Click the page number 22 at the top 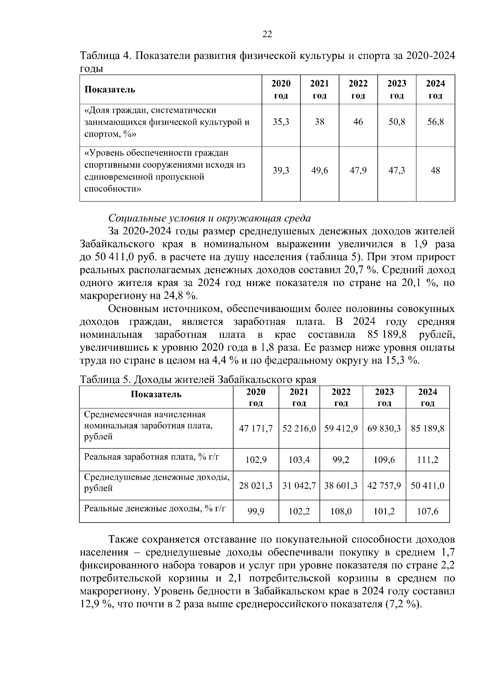267,35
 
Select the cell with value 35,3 281,122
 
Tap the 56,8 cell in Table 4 435,122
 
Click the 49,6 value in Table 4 319,171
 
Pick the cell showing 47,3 397,171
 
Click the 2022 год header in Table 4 358,90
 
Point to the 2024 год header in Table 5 427,397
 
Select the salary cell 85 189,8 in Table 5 427,429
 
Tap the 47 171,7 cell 256,429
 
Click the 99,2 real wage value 341,460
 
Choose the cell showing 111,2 427,460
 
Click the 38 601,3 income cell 341,486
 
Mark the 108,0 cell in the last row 341,511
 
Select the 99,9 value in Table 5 256,511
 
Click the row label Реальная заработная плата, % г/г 152,457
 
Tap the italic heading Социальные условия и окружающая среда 210,218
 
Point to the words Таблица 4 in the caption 106,55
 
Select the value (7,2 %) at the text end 403,604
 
